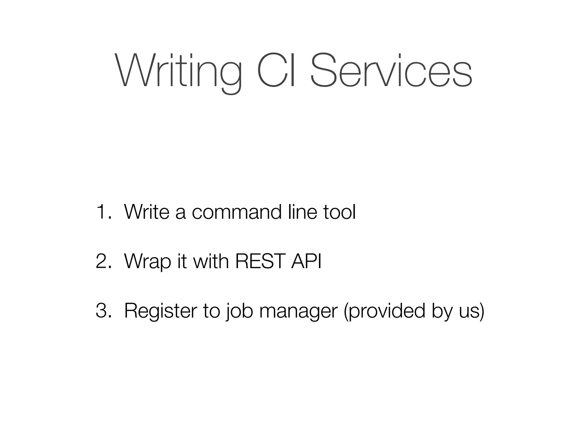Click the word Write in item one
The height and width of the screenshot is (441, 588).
[147, 212]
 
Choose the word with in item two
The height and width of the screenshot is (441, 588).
[211, 261]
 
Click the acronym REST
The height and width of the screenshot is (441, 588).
[260, 261]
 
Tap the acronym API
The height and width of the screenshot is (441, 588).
[306, 261]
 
